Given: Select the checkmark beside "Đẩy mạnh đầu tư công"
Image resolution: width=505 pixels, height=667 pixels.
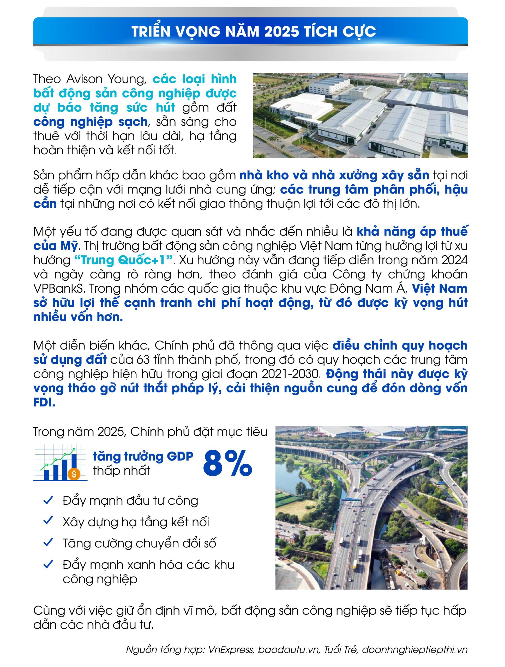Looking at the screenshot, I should click(x=48, y=500).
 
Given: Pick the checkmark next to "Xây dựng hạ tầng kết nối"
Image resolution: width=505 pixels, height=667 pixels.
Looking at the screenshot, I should click(x=48, y=521).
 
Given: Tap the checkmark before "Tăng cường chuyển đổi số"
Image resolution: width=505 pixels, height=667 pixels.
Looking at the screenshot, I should click(x=48, y=542).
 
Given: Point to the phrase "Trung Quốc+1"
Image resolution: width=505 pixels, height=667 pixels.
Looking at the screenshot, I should click(x=124, y=260).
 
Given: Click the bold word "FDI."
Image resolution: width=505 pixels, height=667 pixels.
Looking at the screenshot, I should click(x=44, y=403).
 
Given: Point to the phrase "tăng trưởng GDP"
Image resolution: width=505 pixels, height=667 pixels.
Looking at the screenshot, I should click(x=143, y=456).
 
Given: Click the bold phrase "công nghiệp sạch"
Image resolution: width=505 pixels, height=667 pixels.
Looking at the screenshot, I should click(x=90, y=122).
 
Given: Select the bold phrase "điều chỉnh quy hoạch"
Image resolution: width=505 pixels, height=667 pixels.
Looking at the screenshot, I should click(x=400, y=345).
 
